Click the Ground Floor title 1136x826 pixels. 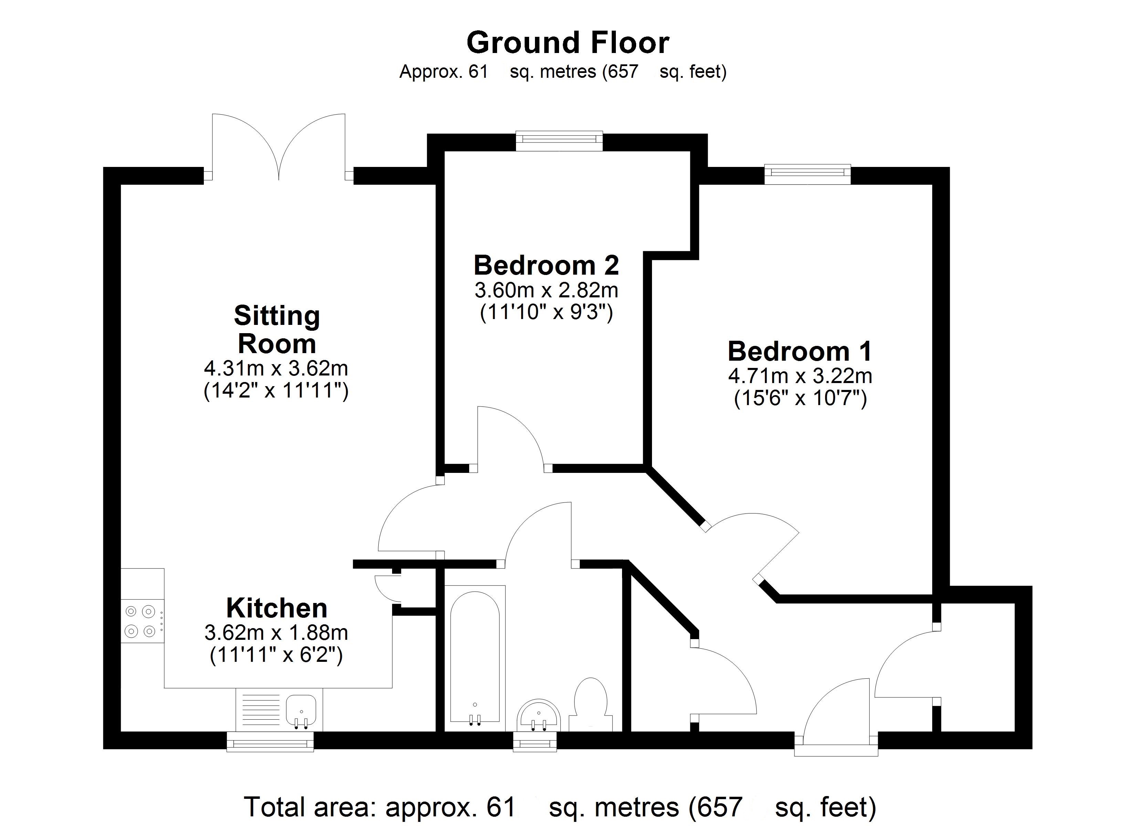point(568,43)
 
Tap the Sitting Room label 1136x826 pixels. point(276,330)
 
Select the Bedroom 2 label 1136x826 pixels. point(546,265)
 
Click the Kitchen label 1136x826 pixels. point(276,608)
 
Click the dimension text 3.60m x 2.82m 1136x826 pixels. point(546,290)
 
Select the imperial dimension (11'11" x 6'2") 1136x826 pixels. point(276,655)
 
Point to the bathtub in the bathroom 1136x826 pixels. point(474,656)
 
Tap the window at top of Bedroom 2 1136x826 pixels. point(559,141)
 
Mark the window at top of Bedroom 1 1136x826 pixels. point(808,174)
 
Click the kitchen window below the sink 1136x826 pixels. point(271,741)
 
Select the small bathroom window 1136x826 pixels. point(535,741)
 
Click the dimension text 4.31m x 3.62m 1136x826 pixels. point(276,369)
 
